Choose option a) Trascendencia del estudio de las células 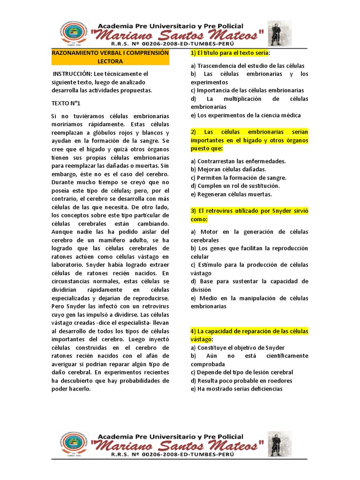[247, 66]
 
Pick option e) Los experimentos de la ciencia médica [246, 115]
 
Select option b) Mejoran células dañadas [228, 169]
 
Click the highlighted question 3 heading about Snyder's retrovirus [249, 215]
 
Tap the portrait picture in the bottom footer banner [279, 444]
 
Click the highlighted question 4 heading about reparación [249, 335]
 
